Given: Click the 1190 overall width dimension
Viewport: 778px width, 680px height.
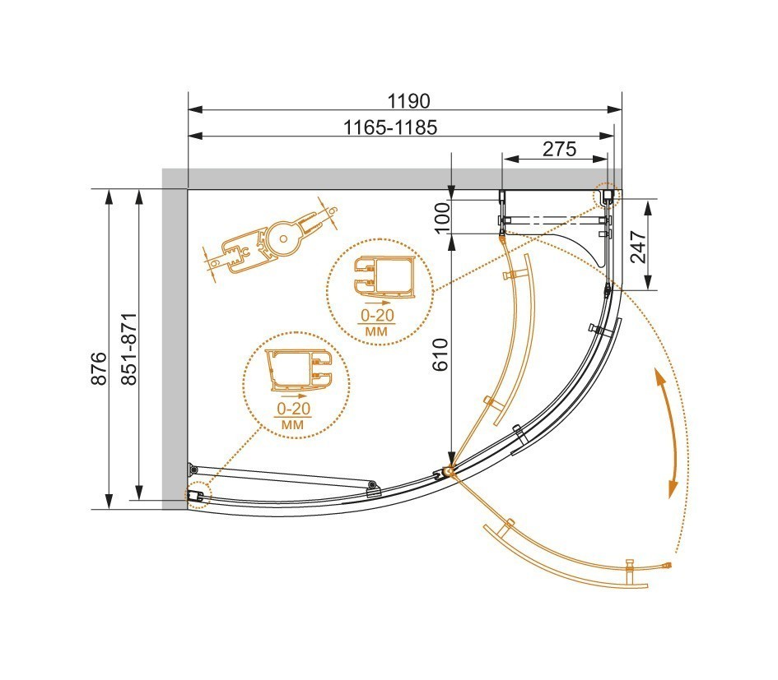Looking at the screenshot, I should (408, 101).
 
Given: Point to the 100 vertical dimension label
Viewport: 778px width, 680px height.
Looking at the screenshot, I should (441, 217).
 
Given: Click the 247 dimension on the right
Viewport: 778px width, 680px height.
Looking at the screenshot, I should (638, 245).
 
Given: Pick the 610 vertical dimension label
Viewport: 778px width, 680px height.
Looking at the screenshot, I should (441, 354).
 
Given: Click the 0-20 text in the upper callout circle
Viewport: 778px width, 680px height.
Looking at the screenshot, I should (377, 315).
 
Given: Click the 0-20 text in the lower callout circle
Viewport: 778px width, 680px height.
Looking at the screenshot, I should (293, 409).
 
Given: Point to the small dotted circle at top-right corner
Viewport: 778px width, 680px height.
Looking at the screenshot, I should (606, 195).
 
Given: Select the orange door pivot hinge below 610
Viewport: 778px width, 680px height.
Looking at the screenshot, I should (449, 471).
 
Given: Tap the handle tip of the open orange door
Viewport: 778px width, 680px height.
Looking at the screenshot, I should (669, 565).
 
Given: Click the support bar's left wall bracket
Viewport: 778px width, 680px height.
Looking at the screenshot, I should (193, 469).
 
